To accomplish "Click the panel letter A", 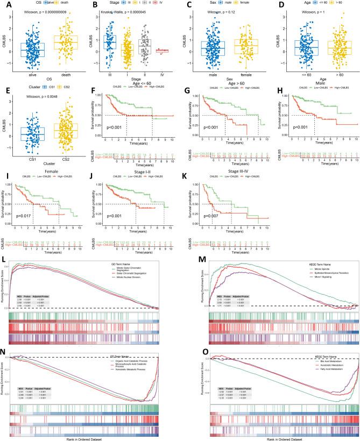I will tap(4, 5).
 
